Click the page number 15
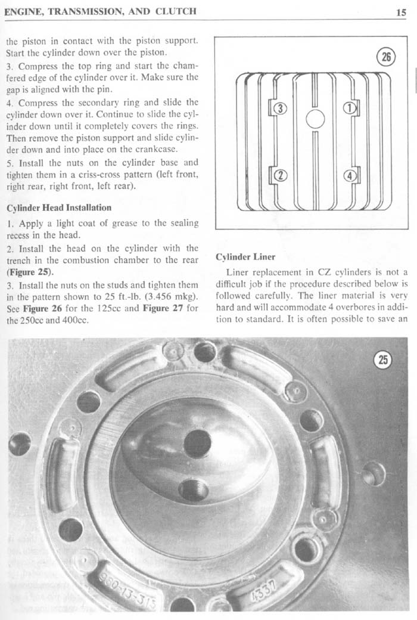[401, 12]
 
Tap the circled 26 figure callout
[386, 57]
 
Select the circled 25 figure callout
[383, 360]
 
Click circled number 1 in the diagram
[350, 107]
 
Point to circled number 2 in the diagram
[280, 175]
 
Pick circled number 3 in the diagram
[280, 107]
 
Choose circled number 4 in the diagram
[350, 175]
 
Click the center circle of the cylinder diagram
[315, 119]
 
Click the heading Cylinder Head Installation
[60, 207]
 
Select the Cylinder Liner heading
[245, 256]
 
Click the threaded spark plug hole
[193, 489]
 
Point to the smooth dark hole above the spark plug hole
[197, 444]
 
